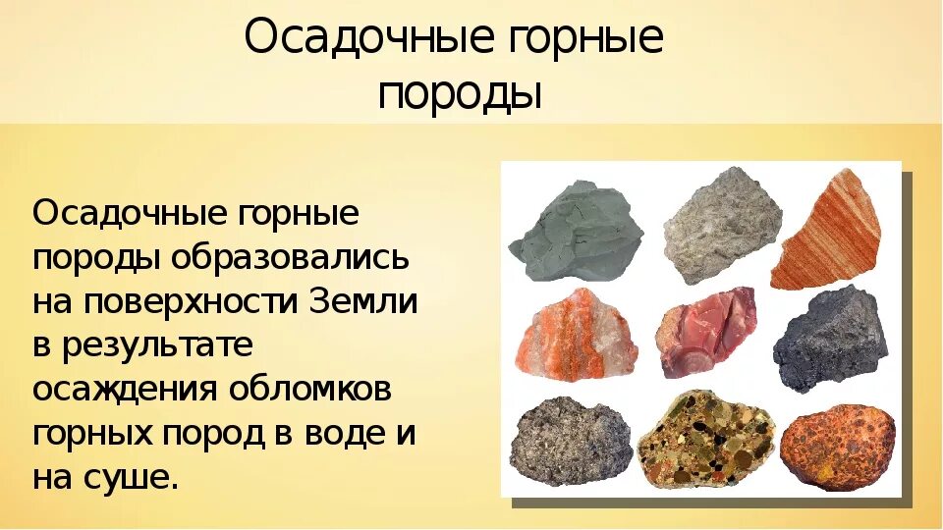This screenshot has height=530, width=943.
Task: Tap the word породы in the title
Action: (460, 95)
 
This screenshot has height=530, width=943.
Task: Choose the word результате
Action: (161, 345)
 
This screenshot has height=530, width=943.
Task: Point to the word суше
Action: (134, 478)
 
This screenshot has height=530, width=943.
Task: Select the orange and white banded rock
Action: (575, 334)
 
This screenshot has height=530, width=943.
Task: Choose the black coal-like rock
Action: (829, 339)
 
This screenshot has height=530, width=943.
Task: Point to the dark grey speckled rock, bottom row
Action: (571, 441)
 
